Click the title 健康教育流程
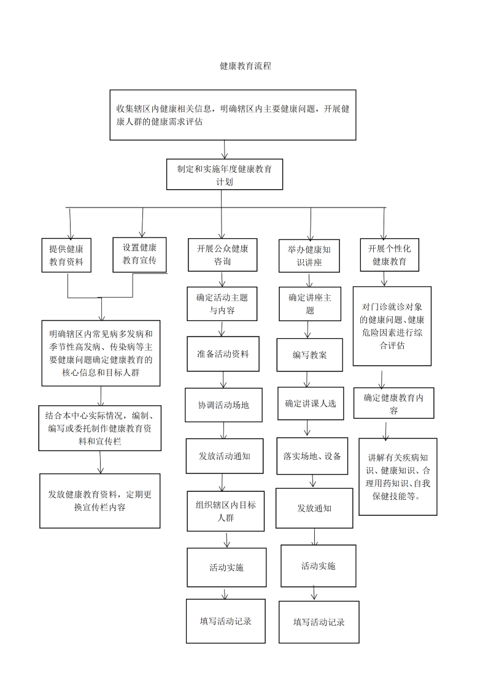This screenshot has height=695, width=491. point(245,66)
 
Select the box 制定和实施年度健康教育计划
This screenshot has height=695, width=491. point(225,174)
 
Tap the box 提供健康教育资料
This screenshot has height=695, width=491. point(66,255)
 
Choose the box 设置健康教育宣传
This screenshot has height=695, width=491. point(139,254)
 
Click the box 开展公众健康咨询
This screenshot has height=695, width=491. point(222,255)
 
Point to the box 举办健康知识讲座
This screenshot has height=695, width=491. point(309,256)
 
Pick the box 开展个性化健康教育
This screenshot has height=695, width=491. point(390,255)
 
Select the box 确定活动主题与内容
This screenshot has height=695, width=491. point(222,304)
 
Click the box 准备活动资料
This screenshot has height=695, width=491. point(223,354)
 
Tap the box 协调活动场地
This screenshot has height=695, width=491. point(224,405)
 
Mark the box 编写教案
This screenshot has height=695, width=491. point(310,355)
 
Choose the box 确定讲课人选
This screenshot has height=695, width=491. point(311,403)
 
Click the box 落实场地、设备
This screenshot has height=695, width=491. point(312,456)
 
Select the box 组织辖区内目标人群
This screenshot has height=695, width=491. point(226,511)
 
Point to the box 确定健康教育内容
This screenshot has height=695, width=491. point(393,403)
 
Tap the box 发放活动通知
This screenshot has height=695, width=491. point(225,456)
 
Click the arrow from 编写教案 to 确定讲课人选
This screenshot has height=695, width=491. point(307,379)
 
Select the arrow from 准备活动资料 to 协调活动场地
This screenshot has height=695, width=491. point(223,380)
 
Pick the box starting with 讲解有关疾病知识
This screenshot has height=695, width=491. point(398,476)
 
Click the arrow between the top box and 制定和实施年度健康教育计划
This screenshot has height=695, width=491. point(225,149)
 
